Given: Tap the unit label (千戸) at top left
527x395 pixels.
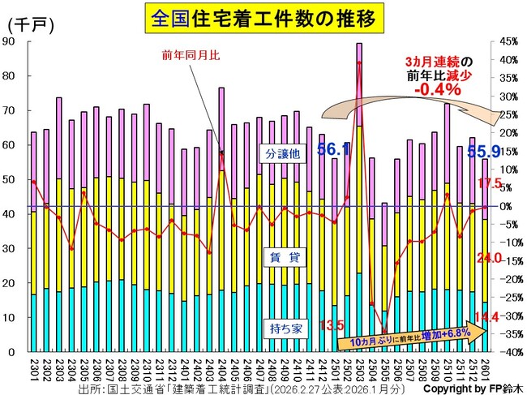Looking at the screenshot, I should (30, 24).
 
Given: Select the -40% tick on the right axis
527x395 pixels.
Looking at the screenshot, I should (508, 352).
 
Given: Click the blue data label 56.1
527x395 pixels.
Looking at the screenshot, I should (332, 149).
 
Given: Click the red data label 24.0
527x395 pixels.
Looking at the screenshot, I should (490, 258).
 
